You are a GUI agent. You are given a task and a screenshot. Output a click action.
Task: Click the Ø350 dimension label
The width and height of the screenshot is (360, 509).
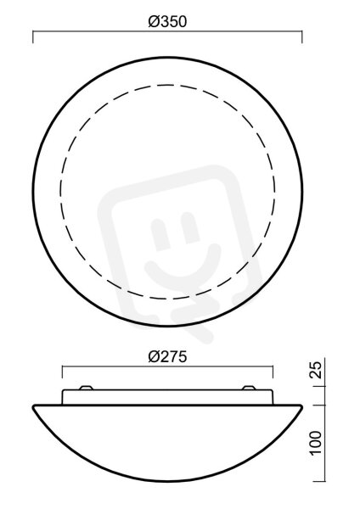(x=167, y=22)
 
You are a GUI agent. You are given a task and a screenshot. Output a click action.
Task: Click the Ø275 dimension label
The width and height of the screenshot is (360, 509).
(x=167, y=357)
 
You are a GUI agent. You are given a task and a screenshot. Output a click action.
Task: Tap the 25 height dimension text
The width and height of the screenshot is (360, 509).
(x=316, y=370)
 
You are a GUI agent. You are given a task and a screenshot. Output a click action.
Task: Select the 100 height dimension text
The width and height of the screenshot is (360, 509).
(x=316, y=443)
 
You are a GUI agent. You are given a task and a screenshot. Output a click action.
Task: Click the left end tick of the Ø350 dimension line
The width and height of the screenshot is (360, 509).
(x=33, y=37)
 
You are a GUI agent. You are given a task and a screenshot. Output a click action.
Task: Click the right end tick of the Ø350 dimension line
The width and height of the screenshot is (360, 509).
(x=302, y=37)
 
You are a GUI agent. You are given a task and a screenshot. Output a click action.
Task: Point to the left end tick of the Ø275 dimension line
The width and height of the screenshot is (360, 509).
(x=62, y=372)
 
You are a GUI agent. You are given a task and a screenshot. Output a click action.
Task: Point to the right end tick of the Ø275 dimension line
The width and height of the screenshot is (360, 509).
(x=273, y=372)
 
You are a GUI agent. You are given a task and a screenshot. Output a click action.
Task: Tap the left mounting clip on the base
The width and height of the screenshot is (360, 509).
(x=86, y=388)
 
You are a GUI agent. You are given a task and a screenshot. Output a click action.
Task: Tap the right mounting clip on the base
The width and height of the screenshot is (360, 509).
(x=250, y=388)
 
